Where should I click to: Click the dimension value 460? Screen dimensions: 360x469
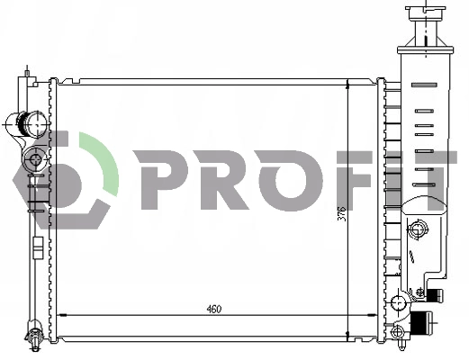coord(213,310)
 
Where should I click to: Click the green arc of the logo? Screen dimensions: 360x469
coord(104,162)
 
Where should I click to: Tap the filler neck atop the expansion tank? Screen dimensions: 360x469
coord(426,18)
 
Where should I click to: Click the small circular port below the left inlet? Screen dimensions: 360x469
coord(36,160)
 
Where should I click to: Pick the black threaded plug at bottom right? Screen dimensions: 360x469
coord(419,323)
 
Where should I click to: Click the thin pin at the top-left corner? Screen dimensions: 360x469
coord(29,70)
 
